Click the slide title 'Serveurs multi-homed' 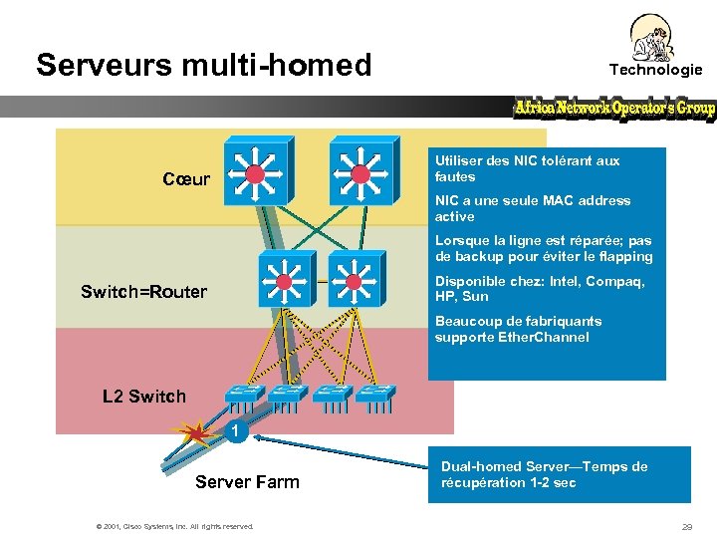click(x=203, y=65)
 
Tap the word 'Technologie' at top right click(x=655, y=70)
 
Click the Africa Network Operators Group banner click(x=614, y=109)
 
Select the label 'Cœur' click(x=186, y=179)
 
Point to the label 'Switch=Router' click(x=143, y=292)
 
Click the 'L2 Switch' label click(x=144, y=397)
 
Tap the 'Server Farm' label click(x=247, y=482)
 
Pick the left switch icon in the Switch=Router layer click(x=288, y=279)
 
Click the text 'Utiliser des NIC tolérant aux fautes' click(x=527, y=168)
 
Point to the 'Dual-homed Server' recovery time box click(x=559, y=474)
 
